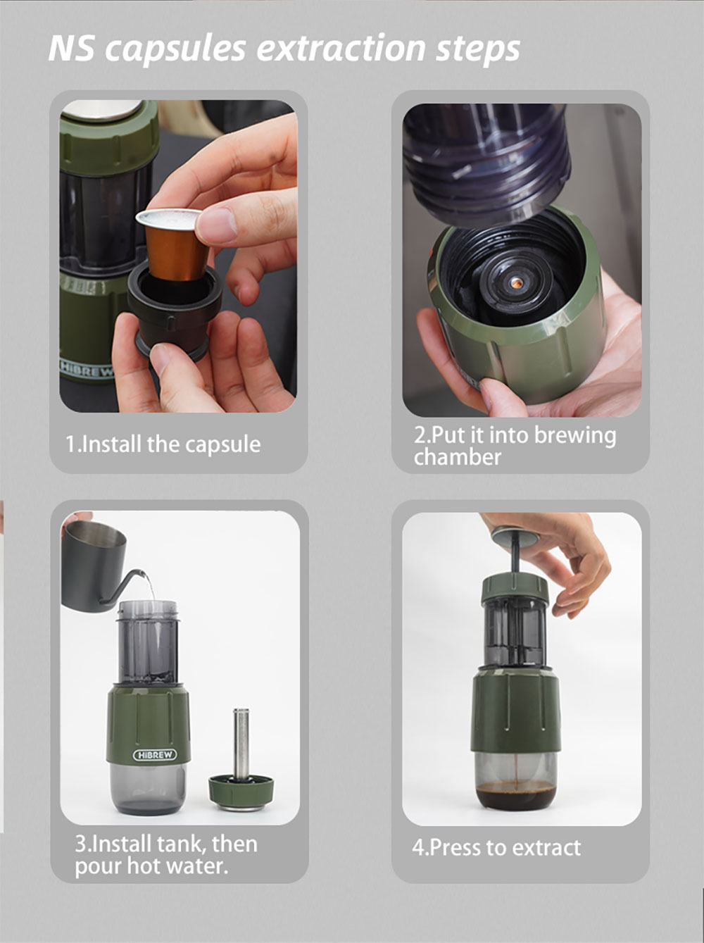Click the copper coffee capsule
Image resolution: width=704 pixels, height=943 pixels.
tap(174, 244)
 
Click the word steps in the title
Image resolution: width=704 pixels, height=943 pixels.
tap(478, 50)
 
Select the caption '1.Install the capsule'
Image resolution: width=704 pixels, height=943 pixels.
tap(163, 444)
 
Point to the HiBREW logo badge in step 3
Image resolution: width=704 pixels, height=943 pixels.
tap(155, 755)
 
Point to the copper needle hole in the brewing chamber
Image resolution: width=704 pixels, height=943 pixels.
tap(515, 282)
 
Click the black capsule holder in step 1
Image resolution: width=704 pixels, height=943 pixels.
tap(175, 309)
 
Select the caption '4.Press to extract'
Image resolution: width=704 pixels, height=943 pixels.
tap(496, 848)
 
